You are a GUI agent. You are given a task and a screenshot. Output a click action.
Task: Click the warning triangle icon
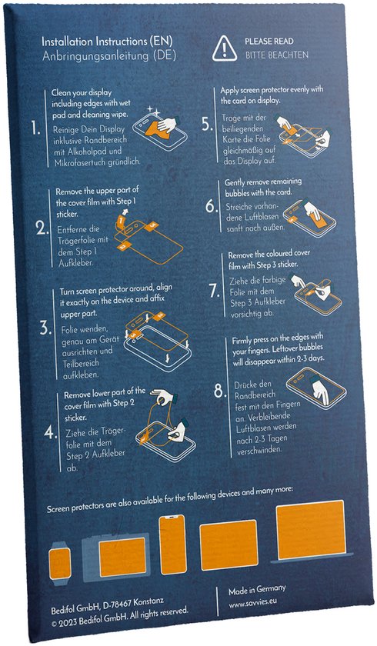[224, 48]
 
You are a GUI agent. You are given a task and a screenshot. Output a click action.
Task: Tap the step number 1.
[35, 129]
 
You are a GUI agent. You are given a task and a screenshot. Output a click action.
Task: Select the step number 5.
[207, 125]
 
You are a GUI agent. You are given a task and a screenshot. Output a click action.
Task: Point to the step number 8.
[221, 391]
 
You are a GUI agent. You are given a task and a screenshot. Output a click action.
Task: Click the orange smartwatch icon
[60, 563]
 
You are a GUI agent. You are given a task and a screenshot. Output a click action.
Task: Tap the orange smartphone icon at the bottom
[173, 544]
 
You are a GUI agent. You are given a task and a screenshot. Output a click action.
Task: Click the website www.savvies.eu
[252, 601]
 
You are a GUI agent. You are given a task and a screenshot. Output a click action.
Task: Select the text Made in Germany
[257, 590]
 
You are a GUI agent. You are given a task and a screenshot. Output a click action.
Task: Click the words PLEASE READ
[269, 42]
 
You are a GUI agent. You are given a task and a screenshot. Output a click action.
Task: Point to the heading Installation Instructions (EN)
[107, 42]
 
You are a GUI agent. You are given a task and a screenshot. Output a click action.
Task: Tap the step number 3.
[45, 329]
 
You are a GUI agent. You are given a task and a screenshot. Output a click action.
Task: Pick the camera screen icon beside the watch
[117, 555]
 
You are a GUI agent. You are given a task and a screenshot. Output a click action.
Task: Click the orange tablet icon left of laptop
[229, 545]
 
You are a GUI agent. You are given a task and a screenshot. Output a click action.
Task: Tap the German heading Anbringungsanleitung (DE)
[109, 55]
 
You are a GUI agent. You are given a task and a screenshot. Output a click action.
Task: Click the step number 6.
[212, 206]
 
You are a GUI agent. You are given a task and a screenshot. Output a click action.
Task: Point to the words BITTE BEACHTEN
[276, 55]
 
